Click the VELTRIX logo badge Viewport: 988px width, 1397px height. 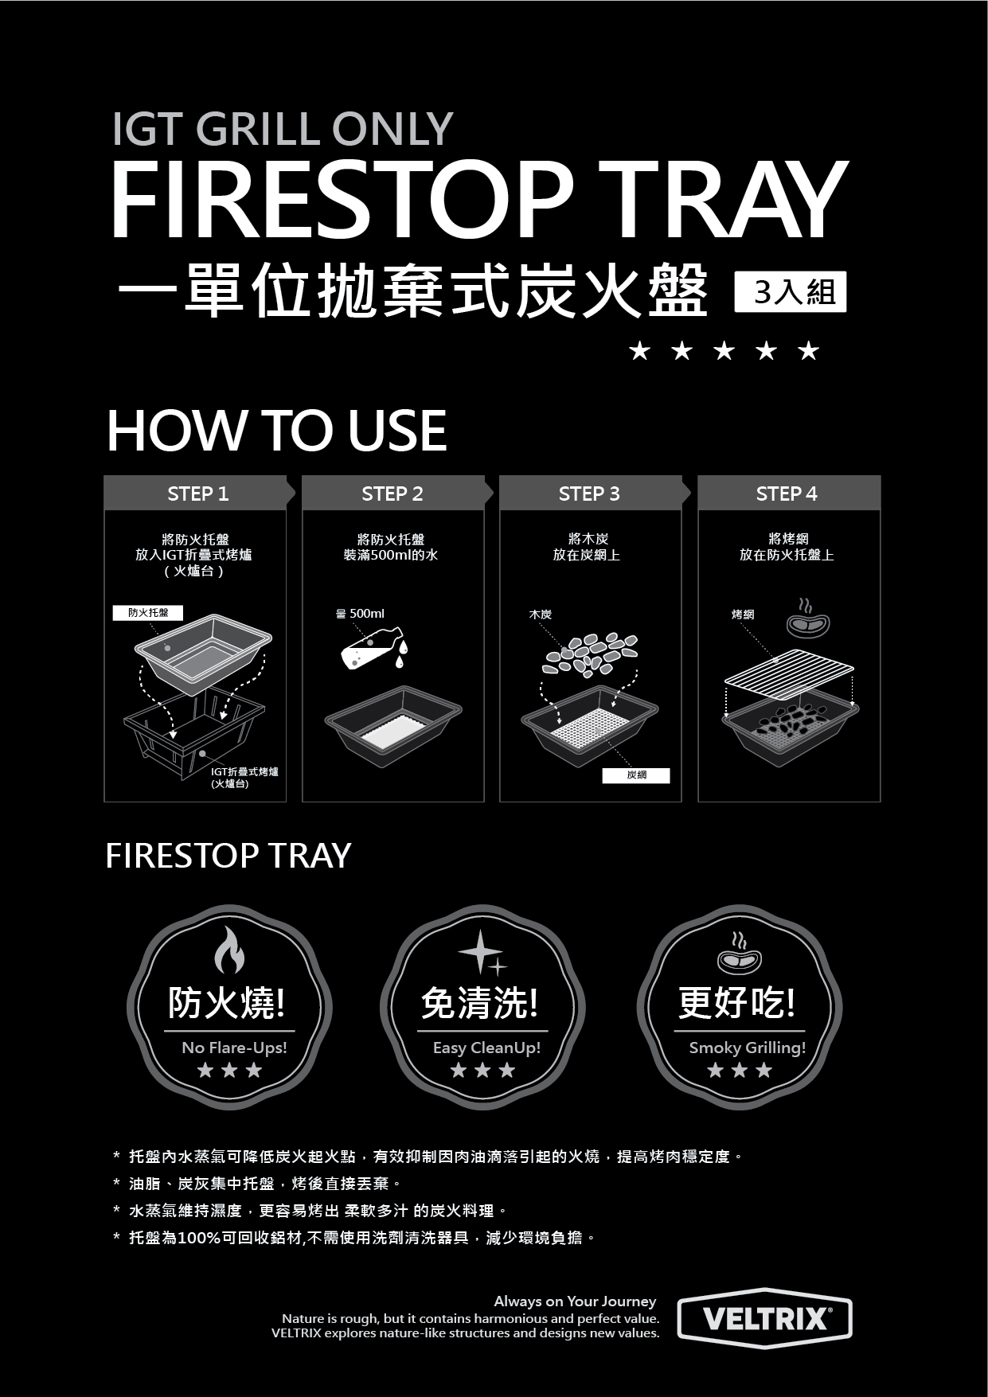click(x=764, y=1318)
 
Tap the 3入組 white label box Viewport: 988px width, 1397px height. click(x=790, y=291)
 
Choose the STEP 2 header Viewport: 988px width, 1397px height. click(x=393, y=493)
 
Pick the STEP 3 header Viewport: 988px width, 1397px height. click(x=590, y=493)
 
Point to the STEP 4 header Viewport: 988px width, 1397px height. click(x=788, y=493)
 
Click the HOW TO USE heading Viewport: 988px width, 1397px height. click(x=277, y=431)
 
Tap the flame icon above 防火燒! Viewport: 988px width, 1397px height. click(x=229, y=950)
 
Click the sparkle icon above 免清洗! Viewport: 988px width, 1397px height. click(x=482, y=952)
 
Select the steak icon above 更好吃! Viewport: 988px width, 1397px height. click(x=740, y=954)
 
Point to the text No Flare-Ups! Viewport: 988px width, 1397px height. click(x=234, y=1048)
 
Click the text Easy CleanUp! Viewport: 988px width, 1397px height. click(x=486, y=1048)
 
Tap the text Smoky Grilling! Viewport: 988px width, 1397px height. click(x=747, y=1048)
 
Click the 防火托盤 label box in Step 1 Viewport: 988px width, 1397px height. click(x=148, y=612)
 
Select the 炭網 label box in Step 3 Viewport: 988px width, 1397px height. click(x=636, y=775)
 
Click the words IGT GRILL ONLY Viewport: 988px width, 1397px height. click(x=282, y=129)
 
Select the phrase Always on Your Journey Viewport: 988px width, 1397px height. click(x=575, y=1301)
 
